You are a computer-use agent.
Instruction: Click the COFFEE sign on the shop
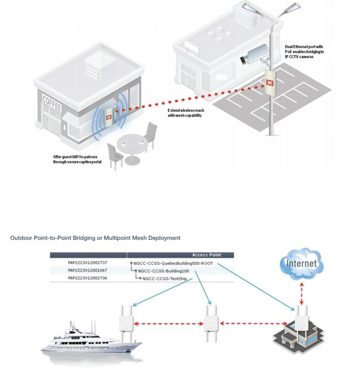(52, 103)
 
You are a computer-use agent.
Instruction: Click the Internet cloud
(301, 264)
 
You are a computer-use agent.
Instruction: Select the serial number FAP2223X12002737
(88, 263)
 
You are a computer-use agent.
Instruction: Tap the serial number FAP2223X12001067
(88, 270)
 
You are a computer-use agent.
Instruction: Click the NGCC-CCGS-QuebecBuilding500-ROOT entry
(173, 263)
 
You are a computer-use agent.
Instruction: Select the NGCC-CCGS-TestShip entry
(165, 278)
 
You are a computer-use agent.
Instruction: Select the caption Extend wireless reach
(184, 113)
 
